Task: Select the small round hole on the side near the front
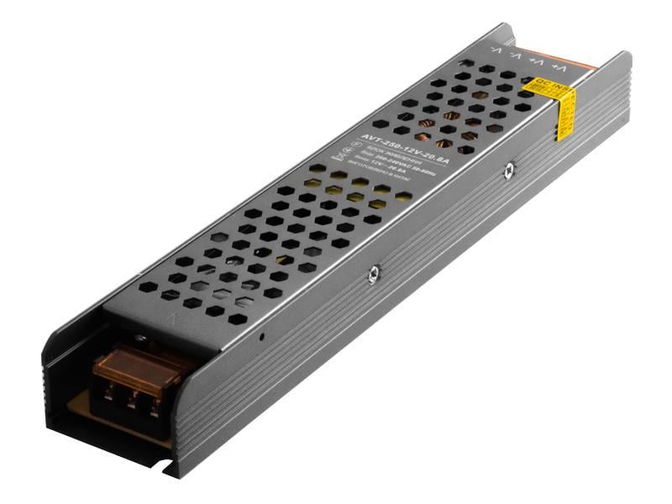pyautogui.click(x=262, y=339)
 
